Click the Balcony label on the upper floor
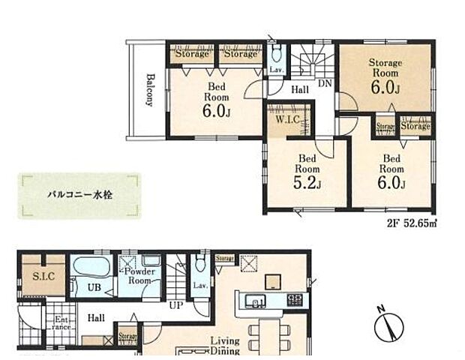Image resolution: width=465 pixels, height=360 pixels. coord(150,90)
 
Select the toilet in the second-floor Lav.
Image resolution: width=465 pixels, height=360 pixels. coord(276,53)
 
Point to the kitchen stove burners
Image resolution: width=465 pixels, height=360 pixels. coord(295,301)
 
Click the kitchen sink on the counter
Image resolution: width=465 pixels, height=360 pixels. coord(258,302)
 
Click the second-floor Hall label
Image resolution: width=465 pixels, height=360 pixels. coord(299,89)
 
